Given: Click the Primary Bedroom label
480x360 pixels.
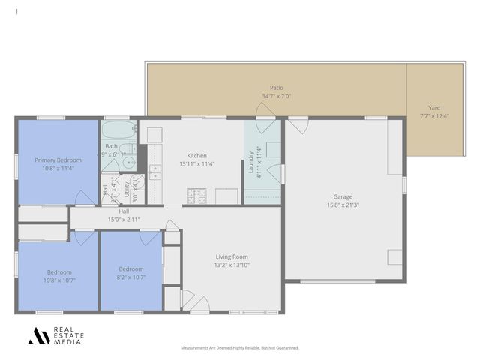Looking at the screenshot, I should click(x=58, y=160).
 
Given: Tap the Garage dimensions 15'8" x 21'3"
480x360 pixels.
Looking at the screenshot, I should click(x=343, y=205).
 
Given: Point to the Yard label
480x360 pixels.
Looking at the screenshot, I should click(x=434, y=107).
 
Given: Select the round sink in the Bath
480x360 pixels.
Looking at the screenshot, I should click(x=128, y=161).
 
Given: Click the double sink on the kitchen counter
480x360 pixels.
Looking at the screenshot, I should click(x=154, y=172).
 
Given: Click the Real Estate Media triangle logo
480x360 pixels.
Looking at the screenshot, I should click(x=38, y=336).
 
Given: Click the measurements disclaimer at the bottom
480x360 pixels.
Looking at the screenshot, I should click(x=240, y=348).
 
